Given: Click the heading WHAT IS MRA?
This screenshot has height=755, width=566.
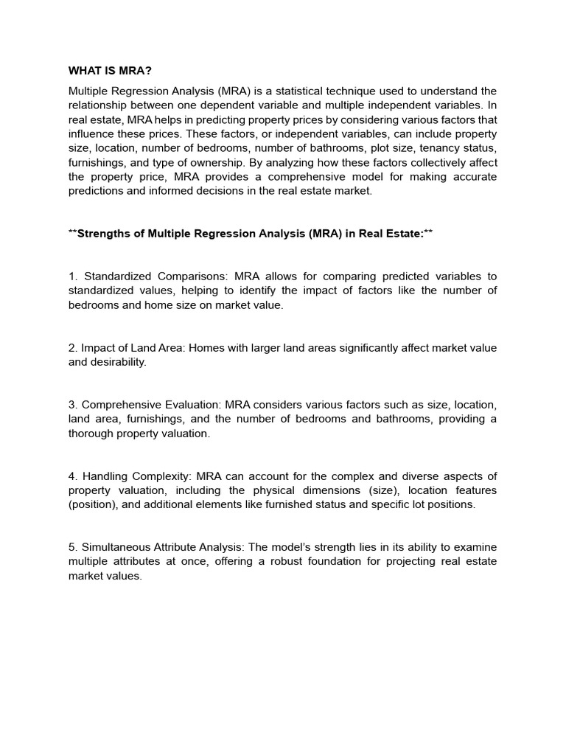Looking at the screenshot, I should (110, 71).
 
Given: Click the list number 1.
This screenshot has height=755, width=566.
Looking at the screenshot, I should (72, 276).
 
